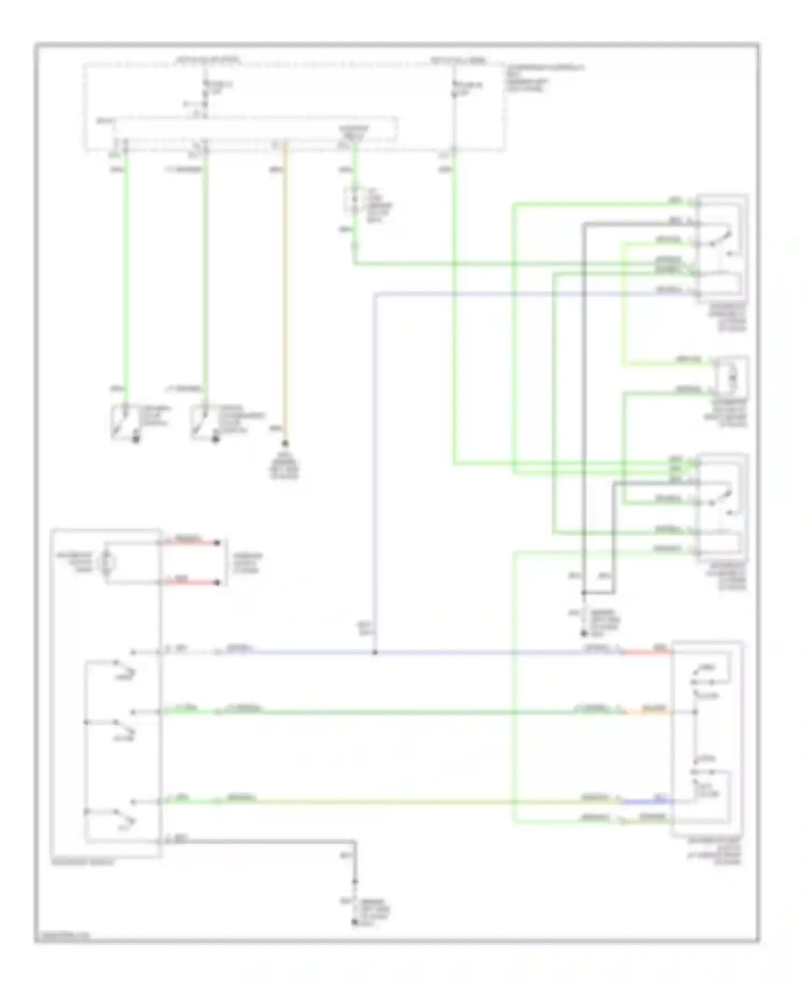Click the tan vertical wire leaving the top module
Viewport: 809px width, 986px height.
(x=285, y=291)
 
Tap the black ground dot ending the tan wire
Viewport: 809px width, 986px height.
(x=285, y=443)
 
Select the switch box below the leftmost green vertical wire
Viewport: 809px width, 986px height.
(x=125, y=422)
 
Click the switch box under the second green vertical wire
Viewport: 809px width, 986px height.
(x=204, y=422)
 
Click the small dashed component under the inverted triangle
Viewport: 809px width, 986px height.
(x=354, y=201)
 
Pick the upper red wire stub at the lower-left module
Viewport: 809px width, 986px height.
(x=190, y=543)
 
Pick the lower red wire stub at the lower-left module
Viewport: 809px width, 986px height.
(x=190, y=583)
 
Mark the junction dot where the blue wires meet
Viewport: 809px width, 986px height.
(x=375, y=653)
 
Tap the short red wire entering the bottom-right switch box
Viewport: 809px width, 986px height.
(x=647, y=653)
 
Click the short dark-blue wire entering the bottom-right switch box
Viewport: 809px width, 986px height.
(x=647, y=802)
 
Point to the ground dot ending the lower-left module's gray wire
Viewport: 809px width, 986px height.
(x=355, y=922)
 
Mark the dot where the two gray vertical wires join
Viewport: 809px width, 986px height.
(x=584, y=593)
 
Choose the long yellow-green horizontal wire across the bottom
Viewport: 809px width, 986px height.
(x=404, y=803)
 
